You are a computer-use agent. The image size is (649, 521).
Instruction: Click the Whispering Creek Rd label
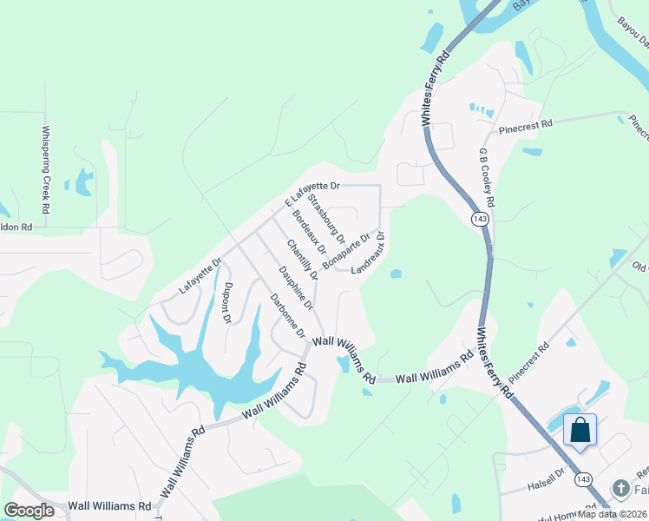pyautogui.click(x=45, y=170)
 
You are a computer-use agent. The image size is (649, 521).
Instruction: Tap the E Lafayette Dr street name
pyautogui.click(x=312, y=193)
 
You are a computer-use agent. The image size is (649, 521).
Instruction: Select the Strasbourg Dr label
pyautogui.click(x=328, y=221)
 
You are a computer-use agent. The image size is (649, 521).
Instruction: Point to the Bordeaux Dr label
pyautogui.click(x=308, y=232)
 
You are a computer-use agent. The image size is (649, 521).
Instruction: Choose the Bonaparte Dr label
pyautogui.click(x=346, y=250)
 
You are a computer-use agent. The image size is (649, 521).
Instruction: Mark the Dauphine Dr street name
pyautogui.click(x=296, y=287)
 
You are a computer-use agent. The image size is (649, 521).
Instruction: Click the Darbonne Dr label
pyautogui.click(x=287, y=316)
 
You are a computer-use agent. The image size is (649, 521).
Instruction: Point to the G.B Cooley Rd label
pyautogui.click(x=488, y=176)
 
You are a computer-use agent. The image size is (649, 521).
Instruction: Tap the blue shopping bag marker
pyautogui.click(x=580, y=431)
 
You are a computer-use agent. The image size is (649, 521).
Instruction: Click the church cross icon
pyautogui.click(x=619, y=489)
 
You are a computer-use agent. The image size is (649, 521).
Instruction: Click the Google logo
pyautogui.click(x=29, y=511)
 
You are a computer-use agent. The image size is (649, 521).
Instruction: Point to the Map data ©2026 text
pyautogui.click(x=613, y=514)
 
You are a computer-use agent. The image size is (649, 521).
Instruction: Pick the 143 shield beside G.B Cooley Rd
pyautogui.click(x=480, y=220)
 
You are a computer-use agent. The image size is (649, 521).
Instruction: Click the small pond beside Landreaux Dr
pyautogui.click(x=396, y=274)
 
